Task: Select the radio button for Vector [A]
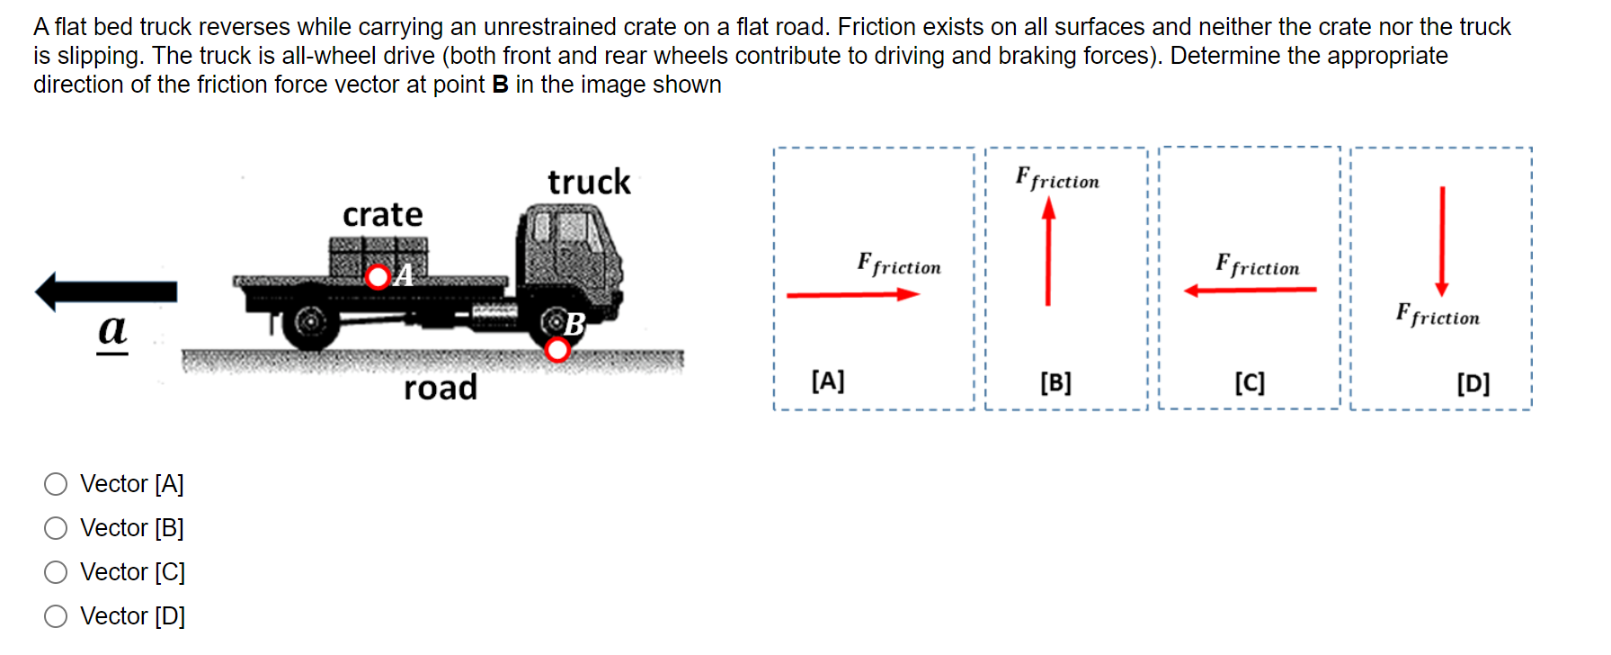[x=56, y=484]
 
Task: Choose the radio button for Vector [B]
[x=56, y=528]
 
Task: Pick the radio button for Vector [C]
[x=56, y=572]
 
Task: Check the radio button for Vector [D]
[x=56, y=616]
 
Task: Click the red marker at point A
[x=378, y=276]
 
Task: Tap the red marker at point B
[x=557, y=349]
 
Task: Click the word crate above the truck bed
[x=382, y=215]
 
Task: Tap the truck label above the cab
[x=589, y=182]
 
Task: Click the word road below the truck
[x=440, y=388]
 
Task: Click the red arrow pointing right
[x=852, y=294]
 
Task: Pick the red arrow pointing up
[x=1047, y=252]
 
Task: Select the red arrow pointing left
[x=1250, y=290]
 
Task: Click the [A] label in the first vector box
[x=828, y=381]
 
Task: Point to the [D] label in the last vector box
[x=1473, y=384]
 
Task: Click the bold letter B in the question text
[x=500, y=85]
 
